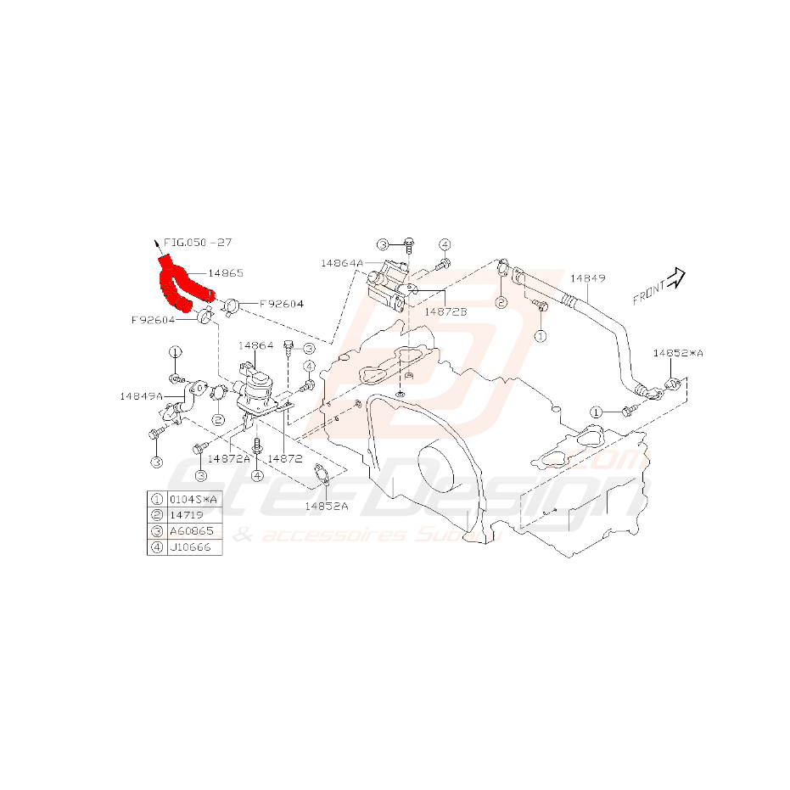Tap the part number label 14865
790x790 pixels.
tap(227, 273)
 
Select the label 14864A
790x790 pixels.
tap(342, 263)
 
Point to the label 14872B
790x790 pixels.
tap(445, 311)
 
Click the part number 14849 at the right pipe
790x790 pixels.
tap(587, 277)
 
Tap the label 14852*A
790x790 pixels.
tap(678, 352)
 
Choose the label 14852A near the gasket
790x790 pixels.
tap(327, 505)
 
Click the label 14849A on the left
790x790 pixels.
tap(141, 395)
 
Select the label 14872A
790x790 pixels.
tap(229, 458)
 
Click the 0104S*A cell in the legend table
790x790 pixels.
tap(194, 499)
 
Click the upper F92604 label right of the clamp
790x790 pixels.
tap(281, 303)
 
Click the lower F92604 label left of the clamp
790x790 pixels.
tap(153, 320)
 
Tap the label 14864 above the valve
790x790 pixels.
tap(255, 345)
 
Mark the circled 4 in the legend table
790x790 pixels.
tap(157, 546)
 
